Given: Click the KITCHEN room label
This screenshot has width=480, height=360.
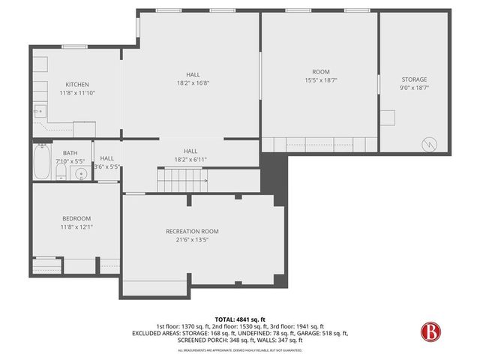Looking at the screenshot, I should click(x=77, y=84).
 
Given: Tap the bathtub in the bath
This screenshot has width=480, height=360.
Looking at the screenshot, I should click(x=41, y=163).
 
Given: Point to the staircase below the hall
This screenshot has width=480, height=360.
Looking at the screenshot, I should click(x=182, y=180).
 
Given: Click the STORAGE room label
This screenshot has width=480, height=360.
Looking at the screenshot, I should click(x=414, y=79).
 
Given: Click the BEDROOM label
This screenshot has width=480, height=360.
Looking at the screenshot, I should click(x=76, y=218).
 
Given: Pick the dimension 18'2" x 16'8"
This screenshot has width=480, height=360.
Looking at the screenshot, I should click(x=193, y=83).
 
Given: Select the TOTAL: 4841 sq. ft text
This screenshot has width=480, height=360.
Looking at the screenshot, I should click(x=239, y=319).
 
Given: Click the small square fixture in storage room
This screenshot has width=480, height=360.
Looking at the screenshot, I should click(x=388, y=118).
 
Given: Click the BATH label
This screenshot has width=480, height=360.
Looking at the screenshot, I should click(x=70, y=153).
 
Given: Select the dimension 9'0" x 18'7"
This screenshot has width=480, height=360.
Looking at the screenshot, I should click(x=414, y=88).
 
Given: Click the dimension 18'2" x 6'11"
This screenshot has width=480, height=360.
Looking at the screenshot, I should click(x=190, y=159).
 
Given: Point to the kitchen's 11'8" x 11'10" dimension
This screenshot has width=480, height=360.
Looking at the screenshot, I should click(x=77, y=93).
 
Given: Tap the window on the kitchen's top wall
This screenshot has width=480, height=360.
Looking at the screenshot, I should click(x=73, y=46).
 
